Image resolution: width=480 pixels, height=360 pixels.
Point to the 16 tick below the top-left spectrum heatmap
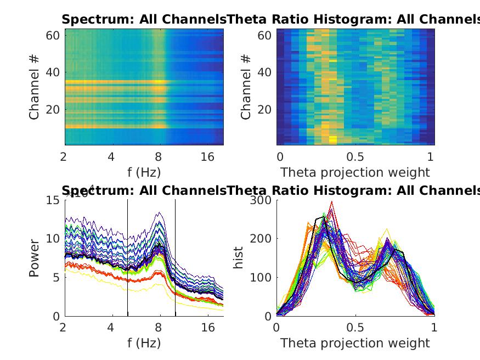(x=207, y=157)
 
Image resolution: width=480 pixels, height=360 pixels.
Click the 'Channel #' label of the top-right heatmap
(x=246, y=88)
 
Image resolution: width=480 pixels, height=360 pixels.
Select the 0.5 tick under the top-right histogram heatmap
(x=355, y=157)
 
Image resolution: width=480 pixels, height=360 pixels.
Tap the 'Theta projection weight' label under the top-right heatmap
(x=355, y=172)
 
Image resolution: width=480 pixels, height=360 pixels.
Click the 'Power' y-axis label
(x=35, y=257)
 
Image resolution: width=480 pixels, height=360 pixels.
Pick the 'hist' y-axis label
(x=239, y=257)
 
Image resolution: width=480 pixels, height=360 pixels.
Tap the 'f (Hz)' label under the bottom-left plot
(x=143, y=344)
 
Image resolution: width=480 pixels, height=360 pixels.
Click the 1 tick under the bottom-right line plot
(x=434, y=328)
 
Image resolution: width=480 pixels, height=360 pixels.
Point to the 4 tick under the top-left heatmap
(x=111, y=157)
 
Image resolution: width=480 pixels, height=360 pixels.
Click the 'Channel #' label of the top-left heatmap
(x=35, y=88)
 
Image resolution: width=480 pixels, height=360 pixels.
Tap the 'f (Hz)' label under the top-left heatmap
(x=143, y=172)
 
